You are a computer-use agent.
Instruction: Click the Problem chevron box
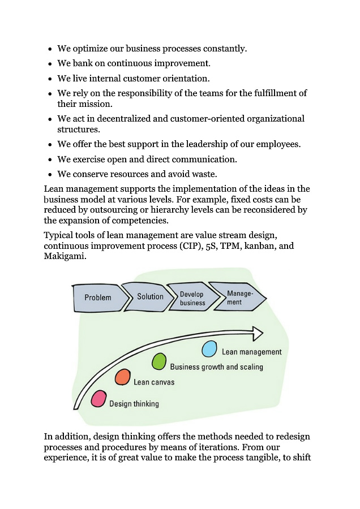(98, 297)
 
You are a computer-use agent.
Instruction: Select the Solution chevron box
(149, 296)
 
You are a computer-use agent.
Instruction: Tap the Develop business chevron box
(192, 298)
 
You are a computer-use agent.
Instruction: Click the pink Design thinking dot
(99, 399)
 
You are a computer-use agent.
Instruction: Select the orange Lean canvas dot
(123, 378)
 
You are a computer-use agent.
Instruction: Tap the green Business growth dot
(160, 361)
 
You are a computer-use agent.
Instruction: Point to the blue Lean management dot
(209, 349)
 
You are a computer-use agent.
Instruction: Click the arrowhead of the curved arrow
(257, 333)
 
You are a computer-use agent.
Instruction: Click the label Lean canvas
(154, 382)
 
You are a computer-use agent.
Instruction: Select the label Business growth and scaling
(217, 367)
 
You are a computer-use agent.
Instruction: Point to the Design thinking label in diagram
(134, 404)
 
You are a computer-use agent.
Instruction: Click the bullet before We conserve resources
(50, 175)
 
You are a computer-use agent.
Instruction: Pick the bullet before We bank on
(50, 64)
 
